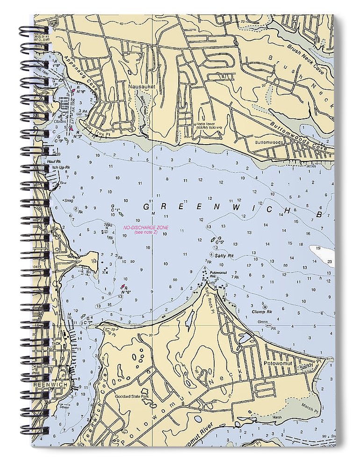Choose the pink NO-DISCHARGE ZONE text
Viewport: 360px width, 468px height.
[x=146, y=227]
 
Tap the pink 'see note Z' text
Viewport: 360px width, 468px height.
[x=146, y=233]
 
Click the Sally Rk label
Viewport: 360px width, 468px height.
[x=224, y=256]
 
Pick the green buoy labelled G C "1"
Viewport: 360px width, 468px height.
[x=115, y=209]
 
